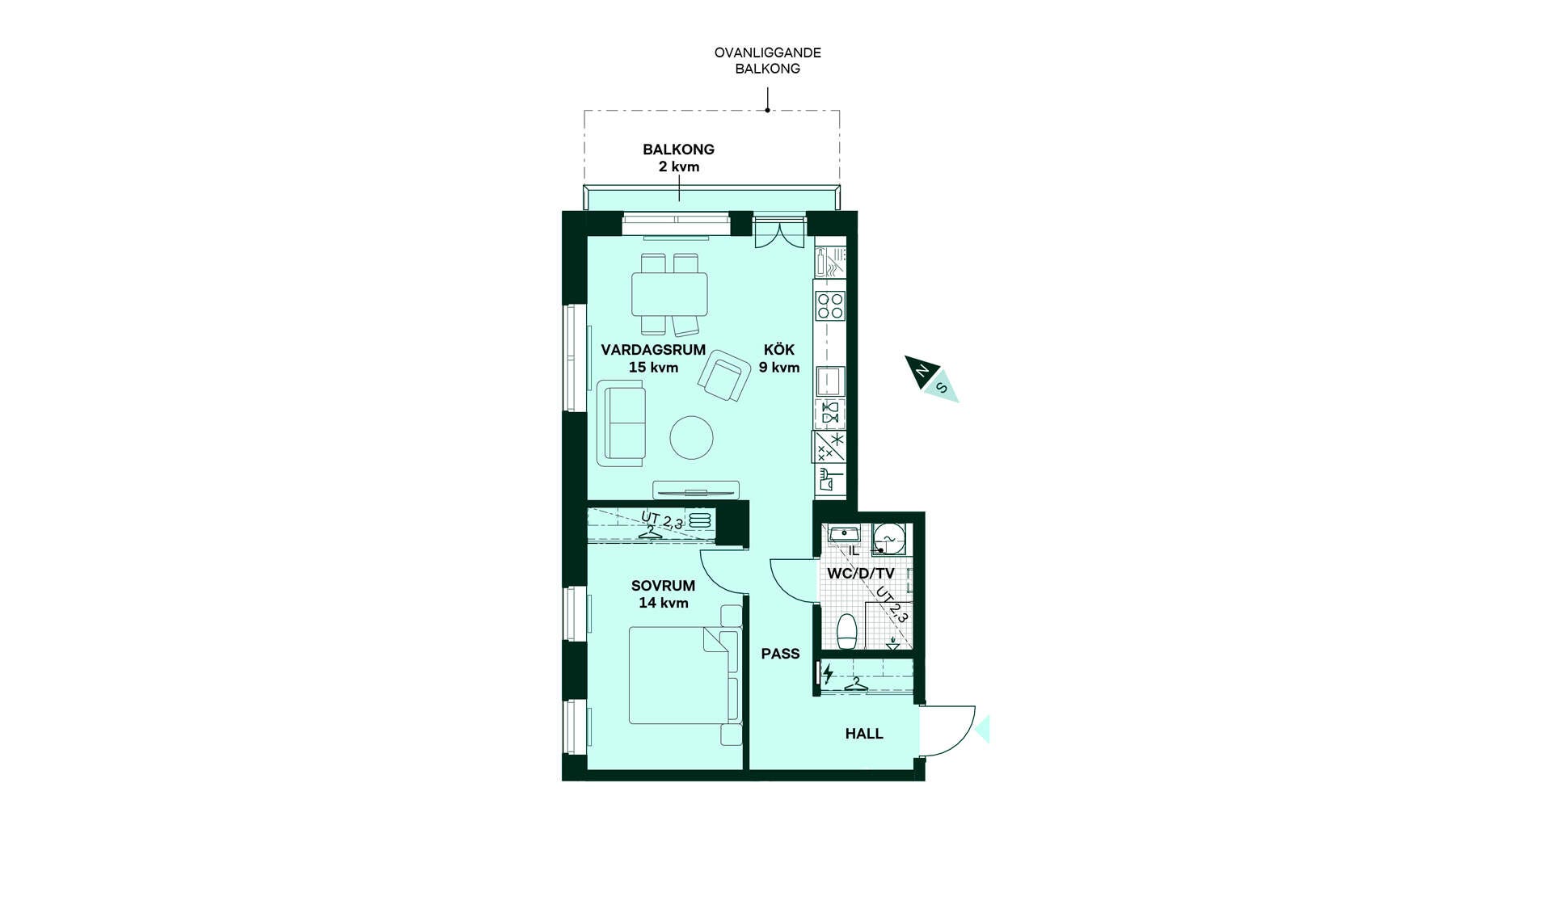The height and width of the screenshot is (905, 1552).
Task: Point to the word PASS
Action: (x=780, y=654)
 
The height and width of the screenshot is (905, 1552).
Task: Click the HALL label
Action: (x=864, y=734)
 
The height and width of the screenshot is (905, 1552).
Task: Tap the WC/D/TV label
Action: (x=861, y=574)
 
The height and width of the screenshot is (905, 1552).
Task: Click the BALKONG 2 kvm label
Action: (x=679, y=158)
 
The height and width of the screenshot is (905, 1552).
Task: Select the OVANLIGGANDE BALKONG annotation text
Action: (x=768, y=61)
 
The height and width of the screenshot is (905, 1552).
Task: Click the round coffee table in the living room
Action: (x=692, y=437)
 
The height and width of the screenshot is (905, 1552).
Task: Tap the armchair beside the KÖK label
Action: (x=724, y=375)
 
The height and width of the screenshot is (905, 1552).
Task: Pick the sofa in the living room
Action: (x=622, y=424)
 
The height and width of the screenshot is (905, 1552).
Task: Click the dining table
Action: (x=669, y=294)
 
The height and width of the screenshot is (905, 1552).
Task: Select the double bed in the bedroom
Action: (x=684, y=676)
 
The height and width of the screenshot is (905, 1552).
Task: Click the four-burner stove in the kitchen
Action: (x=830, y=306)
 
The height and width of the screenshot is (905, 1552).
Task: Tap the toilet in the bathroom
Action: (x=846, y=631)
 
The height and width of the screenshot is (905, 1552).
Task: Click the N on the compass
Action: (x=921, y=372)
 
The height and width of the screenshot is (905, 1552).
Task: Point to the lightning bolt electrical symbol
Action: (x=828, y=673)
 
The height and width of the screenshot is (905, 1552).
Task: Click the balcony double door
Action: (x=779, y=233)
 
